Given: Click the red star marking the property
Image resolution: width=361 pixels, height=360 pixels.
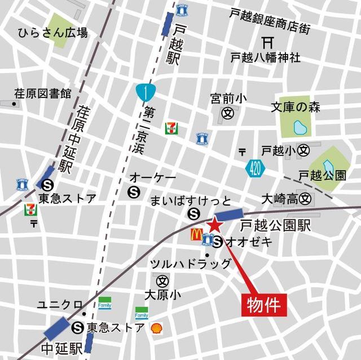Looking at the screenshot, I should [215, 224].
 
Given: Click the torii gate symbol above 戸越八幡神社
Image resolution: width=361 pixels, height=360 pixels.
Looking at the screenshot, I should [268, 42].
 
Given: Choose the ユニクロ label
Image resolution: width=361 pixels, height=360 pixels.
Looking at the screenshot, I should [60, 305].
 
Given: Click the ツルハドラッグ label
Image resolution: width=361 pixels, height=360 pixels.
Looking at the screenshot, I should [190, 264].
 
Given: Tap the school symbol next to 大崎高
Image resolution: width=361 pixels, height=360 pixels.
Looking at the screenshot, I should [306, 198].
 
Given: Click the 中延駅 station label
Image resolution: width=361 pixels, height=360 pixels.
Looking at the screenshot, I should [62, 346].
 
